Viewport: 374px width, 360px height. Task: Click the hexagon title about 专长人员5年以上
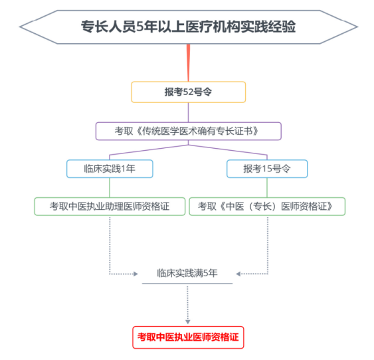coord(188,27)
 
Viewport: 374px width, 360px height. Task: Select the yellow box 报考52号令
coord(188,92)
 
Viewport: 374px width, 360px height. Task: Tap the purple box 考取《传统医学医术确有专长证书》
coord(188,131)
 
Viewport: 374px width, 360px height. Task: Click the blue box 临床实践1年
coord(110,169)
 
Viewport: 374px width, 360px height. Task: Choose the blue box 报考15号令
coord(267,169)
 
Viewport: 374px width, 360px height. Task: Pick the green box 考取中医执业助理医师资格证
coord(110,207)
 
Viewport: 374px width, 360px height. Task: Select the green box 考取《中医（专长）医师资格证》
coord(269,207)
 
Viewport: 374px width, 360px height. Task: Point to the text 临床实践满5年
coord(187,273)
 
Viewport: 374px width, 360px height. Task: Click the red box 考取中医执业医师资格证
coord(188,337)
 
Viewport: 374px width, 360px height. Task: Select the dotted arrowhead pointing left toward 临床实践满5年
coord(238,273)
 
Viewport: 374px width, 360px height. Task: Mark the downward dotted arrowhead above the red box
coord(188,321)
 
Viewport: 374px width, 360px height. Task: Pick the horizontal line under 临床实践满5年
coord(187,284)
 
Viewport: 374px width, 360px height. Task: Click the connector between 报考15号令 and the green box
coord(267,187)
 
